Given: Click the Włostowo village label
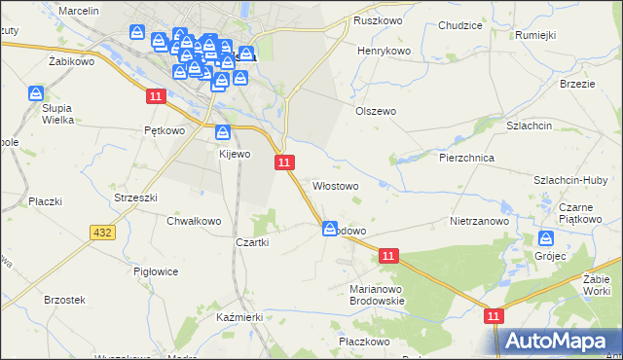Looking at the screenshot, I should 335,185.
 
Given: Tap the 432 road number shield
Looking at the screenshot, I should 101,233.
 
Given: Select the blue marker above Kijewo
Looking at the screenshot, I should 223,132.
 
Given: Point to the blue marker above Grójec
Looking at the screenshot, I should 546,238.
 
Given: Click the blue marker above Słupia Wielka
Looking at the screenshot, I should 36,92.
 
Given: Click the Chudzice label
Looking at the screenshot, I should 460,25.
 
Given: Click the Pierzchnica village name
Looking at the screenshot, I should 468,157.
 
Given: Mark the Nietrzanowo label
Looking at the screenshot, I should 480,221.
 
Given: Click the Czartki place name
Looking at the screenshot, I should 251,242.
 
